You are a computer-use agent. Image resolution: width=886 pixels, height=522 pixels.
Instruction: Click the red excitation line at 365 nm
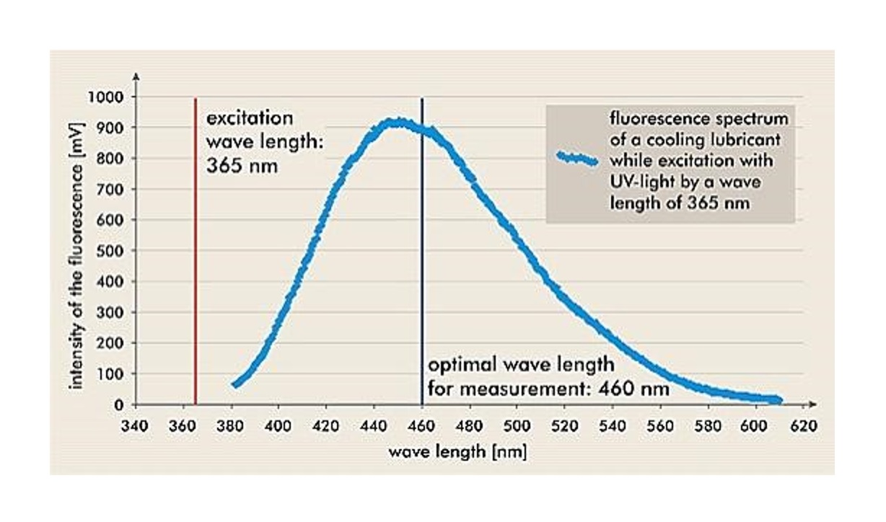tap(196, 252)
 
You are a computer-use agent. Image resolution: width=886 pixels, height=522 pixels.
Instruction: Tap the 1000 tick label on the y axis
tap(105, 97)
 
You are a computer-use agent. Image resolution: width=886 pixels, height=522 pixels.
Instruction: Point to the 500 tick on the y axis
tap(111, 251)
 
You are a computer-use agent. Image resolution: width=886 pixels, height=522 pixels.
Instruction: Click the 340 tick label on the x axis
tap(136, 426)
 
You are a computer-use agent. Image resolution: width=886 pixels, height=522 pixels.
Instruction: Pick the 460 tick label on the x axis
tap(422, 426)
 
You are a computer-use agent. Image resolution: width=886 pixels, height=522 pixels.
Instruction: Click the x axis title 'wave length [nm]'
tap(457, 453)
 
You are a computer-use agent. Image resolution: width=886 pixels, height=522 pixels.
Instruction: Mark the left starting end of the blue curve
tap(235, 384)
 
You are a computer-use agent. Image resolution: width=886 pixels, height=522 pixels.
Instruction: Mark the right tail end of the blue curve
tap(778, 399)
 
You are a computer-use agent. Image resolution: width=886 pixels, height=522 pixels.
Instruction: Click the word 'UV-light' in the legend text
tap(643, 182)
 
